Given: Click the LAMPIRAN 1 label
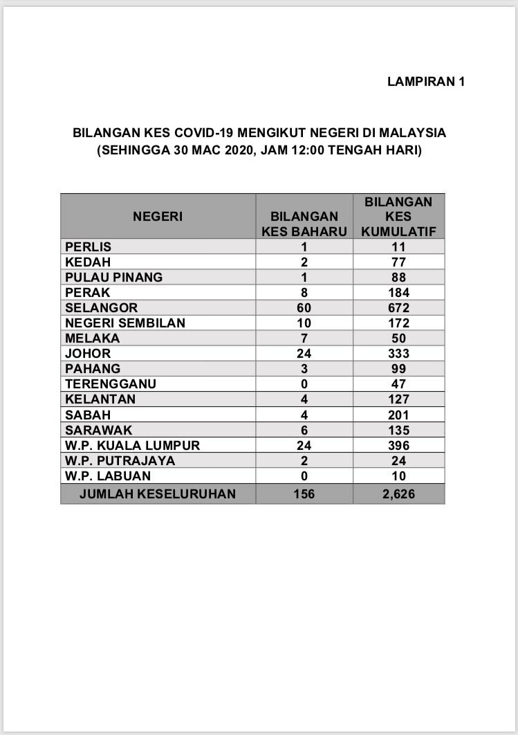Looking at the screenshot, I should click(x=425, y=82).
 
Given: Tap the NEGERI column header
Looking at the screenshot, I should click(x=158, y=217).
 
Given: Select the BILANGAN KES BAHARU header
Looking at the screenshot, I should click(x=304, y=224).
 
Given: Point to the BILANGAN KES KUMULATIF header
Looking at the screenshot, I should click(x=399, y=217).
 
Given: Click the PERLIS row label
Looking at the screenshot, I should click(x=88, y=247).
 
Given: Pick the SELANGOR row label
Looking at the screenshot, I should click(x=101, y=308).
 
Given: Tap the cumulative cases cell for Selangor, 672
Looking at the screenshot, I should click(x=398, y=308).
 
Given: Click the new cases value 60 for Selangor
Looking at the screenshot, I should click(x=304, y=308).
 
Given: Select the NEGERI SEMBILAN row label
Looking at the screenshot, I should click(x=125, y=323).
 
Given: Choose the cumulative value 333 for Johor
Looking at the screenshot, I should click(x=398, y=354).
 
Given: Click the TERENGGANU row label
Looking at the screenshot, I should click(x=111, y=384).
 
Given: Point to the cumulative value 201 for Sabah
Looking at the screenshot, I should click(x=398, y=415).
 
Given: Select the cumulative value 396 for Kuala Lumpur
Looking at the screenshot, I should click(x=398, y=445).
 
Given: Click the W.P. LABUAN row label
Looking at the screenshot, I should click(x=107, y=476).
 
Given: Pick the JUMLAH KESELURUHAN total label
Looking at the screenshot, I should click(x=158, y=493).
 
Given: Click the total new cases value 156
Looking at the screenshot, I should click(x=304, y=493).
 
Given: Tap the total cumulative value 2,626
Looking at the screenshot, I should click(x=398, y=493).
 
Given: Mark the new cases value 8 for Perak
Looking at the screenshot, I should click(x=304, y=293).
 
